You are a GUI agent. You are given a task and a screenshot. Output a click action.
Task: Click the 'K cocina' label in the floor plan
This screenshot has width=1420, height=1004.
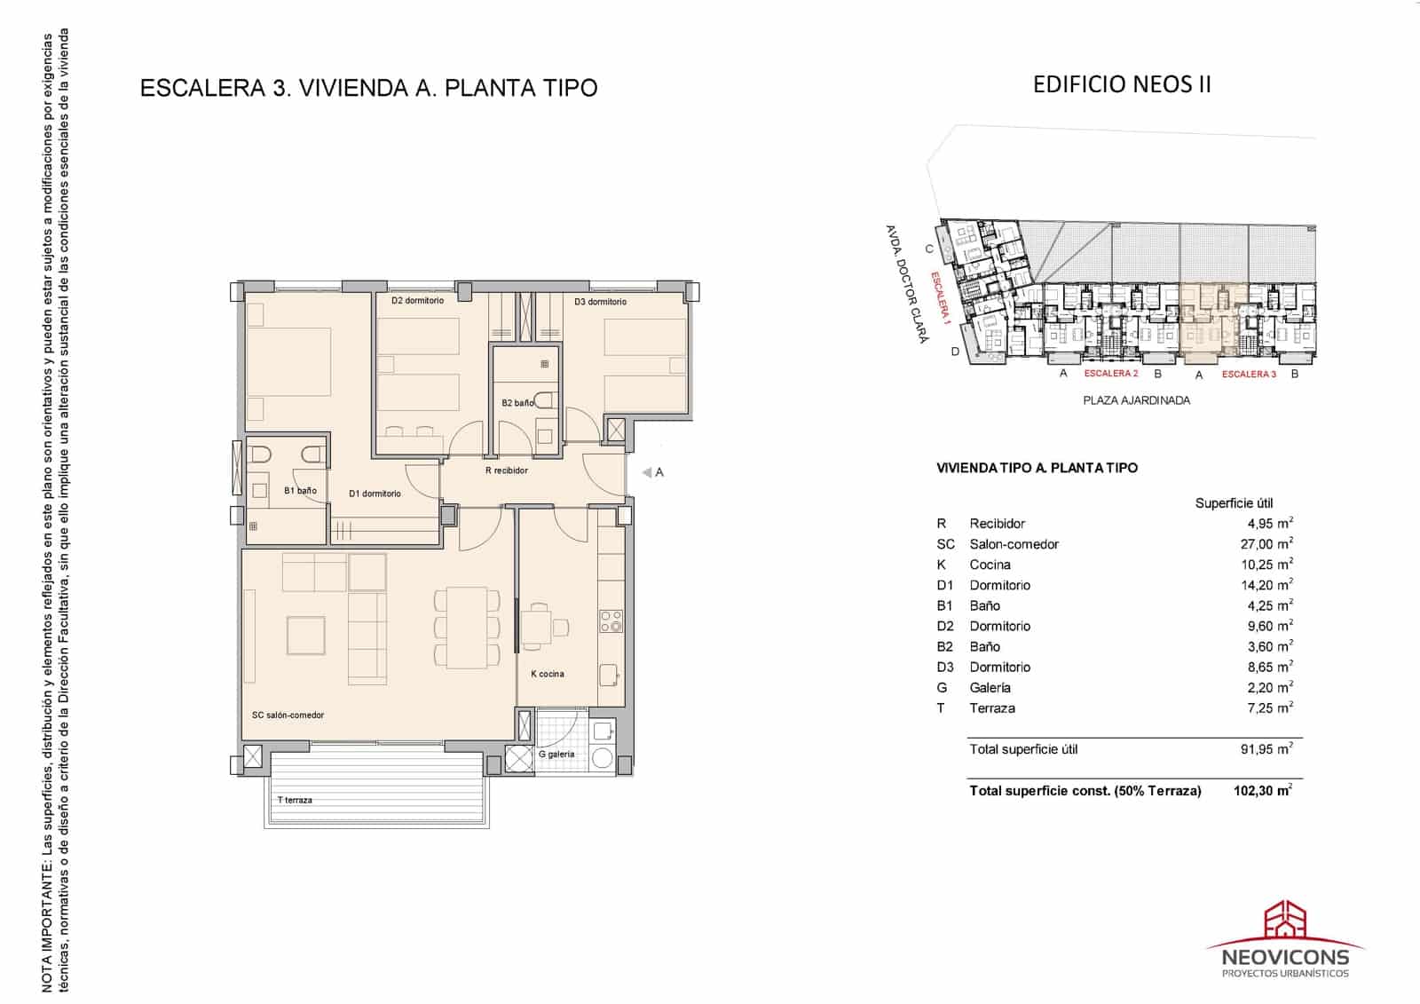point(547,674)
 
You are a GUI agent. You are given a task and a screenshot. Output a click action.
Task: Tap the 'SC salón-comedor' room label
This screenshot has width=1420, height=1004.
point(288,715)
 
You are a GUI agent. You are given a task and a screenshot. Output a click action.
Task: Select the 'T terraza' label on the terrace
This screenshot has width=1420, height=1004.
point(295,800)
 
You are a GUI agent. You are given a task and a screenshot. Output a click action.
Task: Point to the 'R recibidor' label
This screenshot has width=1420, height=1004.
point(507,470)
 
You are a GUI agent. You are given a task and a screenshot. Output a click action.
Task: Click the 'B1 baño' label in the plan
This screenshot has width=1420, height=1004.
point(300,491)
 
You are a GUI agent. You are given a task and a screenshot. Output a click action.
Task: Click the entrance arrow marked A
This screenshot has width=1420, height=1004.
point(652,472)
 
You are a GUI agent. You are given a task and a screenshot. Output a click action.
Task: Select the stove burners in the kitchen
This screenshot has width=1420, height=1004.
point(611,621)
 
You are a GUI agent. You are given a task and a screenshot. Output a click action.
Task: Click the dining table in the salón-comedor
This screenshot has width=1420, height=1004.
point(467,627)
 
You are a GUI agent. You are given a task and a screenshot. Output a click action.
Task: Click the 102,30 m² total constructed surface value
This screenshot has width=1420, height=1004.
point(1262,790)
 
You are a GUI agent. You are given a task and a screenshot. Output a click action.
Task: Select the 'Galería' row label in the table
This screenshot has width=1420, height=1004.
point(990,687)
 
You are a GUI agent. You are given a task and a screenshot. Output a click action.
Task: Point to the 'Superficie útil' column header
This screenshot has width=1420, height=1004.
point(1234,503)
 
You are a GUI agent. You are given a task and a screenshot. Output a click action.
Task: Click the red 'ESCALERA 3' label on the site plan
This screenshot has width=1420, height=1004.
point(1249,375)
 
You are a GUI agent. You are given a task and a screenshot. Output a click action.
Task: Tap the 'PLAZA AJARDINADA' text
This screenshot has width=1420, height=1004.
point(1136,400)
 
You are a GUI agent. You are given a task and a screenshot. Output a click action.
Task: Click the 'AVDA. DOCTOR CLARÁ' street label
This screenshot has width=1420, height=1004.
point(906,283)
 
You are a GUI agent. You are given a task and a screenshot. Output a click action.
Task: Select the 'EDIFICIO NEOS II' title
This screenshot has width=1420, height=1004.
point(1122,84)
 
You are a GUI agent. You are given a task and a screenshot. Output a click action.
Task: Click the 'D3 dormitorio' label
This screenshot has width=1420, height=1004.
point(600,302)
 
